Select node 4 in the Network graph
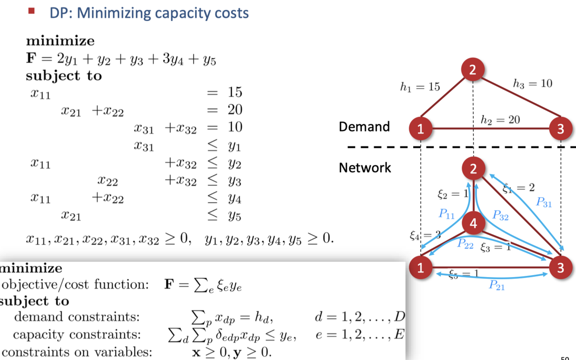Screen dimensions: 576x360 click(474, 224)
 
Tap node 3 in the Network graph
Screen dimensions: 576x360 click(560, 268)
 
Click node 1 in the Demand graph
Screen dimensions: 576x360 click(420, 129)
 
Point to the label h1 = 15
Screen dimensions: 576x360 click(420, 87)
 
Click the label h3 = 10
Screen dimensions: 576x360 click(532, 83)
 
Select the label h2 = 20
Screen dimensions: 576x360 click(500, 120)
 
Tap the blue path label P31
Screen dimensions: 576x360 click(543, 202)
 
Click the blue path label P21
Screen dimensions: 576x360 click(497, 285)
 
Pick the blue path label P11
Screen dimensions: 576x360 click(446, 214)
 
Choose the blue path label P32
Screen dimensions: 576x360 click(500, 215)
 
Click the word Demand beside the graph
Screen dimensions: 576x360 click(364, 126)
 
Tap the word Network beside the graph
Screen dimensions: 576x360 click(365, 167)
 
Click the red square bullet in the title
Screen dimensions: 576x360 click(31, 11)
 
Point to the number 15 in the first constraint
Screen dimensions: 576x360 click(235, 92)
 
